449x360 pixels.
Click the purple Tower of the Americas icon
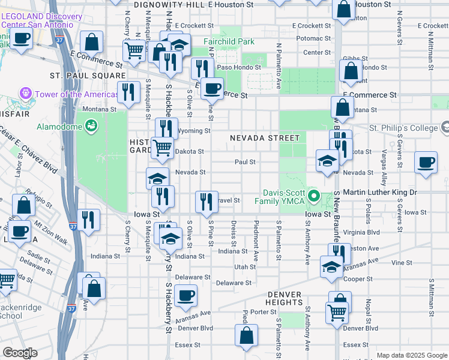coord(25,94)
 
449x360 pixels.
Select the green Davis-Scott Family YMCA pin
coord(313,196)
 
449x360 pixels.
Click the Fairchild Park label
coord(228,41)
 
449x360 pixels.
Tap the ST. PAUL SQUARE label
coord(88,76)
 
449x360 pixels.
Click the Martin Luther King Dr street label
coord(379,192)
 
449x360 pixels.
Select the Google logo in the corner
coord(20,353)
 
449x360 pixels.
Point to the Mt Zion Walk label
coord(50,230)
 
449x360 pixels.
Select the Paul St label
coord(245,162)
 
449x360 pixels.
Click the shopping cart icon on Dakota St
coord(162,147)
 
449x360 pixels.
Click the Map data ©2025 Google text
coord(411,355)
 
